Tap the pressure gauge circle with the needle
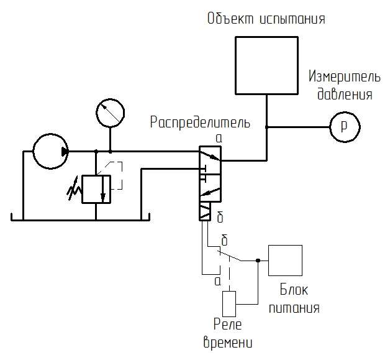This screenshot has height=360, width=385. click(x=111, y=113)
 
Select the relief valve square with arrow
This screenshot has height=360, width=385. click(x=96, y=190)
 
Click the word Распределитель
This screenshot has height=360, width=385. click(x=200, y=122)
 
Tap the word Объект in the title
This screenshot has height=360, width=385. click(x=228, y=19)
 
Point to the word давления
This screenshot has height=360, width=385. click(x=345, y=95)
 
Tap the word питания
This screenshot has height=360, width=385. click(x=296, y=308)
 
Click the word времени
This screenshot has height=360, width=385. click(x=228, y=342)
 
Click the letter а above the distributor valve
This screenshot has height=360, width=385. click(x=219, y=137)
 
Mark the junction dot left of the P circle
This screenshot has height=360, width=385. click(x=267, y=127)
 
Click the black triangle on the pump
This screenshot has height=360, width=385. click(x=66, y=151)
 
